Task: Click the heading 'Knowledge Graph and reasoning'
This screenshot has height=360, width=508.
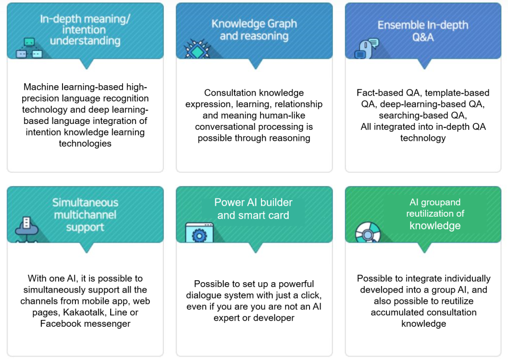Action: pyautogui.click(x=254, y=29)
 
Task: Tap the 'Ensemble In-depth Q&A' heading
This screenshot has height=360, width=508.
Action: pyautogui.click(x=423, y=31)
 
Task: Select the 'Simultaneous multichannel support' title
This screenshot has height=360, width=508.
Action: pyautogui.click(x=85, y=215)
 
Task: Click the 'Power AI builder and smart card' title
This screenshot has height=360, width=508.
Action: pyautogui.click(x=254, y=208)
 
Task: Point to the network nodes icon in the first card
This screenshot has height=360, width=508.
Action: pyautogui.click(x=29, y=48)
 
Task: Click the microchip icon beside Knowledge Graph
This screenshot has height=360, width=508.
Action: pyautogui.click(x=196, y=49)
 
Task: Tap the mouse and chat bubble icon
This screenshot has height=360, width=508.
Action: pyautogui.click(x=367, y=49)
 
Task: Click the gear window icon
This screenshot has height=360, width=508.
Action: pyautogui.click(x=199, y=233)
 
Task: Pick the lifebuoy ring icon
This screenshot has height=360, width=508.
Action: pyautogui.click(x=368, y=233)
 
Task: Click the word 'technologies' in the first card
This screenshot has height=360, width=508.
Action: pyautogui.click(x=85, y=143)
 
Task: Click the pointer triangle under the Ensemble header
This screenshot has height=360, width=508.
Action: pyautogui.click(x=424, y=64)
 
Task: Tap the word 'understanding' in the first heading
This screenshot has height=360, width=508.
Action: pyautogui.click(x=85, y=41)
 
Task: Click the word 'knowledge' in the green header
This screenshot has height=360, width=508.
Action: pyautogui.click(x=435, y=226)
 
